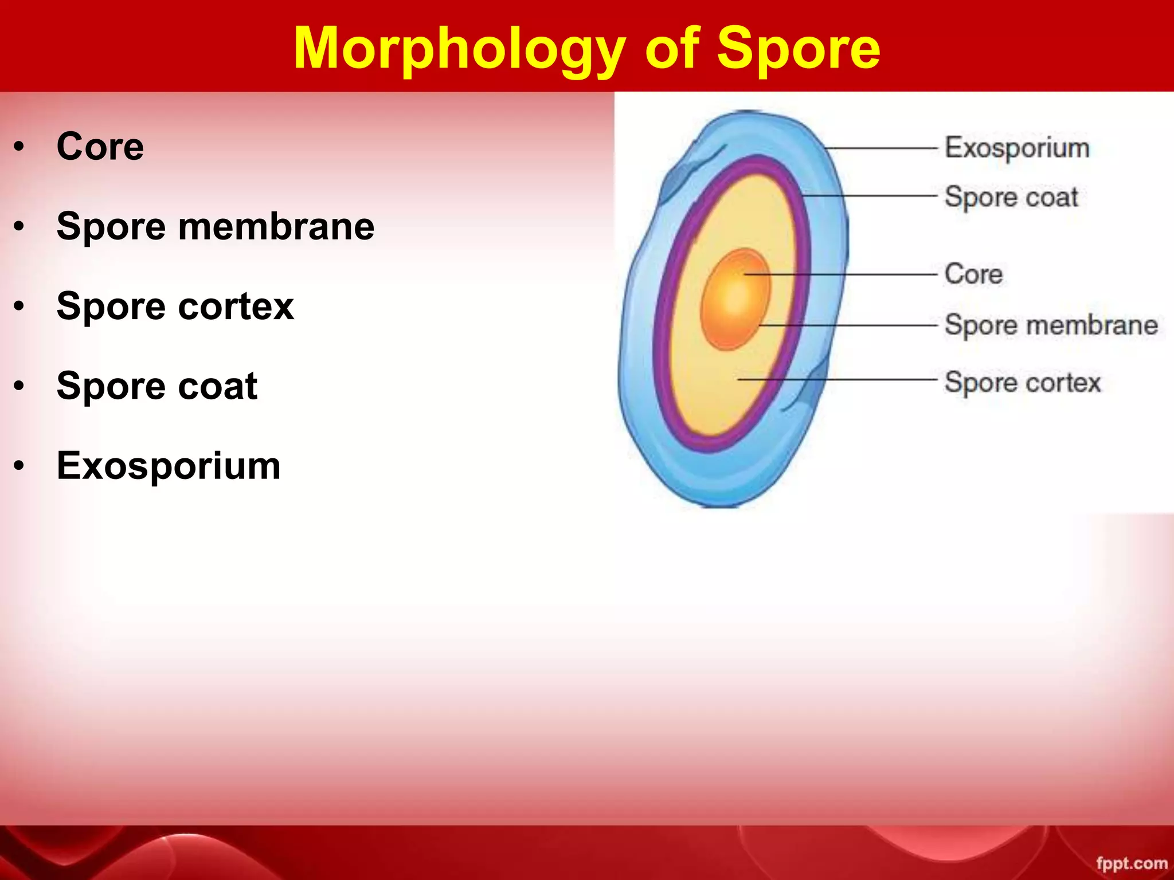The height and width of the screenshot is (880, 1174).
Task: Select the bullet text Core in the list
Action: (100, 147)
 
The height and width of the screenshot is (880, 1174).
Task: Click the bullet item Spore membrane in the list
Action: (216, 226)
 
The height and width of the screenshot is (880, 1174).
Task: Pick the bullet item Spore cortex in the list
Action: (175, 306)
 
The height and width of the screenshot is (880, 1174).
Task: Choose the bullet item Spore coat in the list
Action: (157, 386)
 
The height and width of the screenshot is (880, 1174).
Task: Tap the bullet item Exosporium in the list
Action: (169, 465)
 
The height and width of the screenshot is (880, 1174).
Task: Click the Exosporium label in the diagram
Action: (1018, 148)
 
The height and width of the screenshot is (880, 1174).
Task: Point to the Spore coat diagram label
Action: (1012, 197)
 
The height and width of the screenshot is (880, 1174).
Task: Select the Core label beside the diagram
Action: (974, 274)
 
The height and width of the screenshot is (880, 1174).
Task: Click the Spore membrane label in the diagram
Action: (1051, 325)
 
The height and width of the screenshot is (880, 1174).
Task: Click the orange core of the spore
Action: (735, 299)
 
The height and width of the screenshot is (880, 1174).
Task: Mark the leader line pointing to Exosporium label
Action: (881, 148)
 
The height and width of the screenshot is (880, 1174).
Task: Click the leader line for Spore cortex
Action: (838, 379)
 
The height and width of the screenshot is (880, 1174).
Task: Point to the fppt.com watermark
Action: (1132, 863)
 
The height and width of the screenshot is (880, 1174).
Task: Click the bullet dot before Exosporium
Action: (20, 466)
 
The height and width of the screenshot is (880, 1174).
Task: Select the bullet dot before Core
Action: (20, 147)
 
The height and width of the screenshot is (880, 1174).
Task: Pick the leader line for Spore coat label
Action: (870, 196)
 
